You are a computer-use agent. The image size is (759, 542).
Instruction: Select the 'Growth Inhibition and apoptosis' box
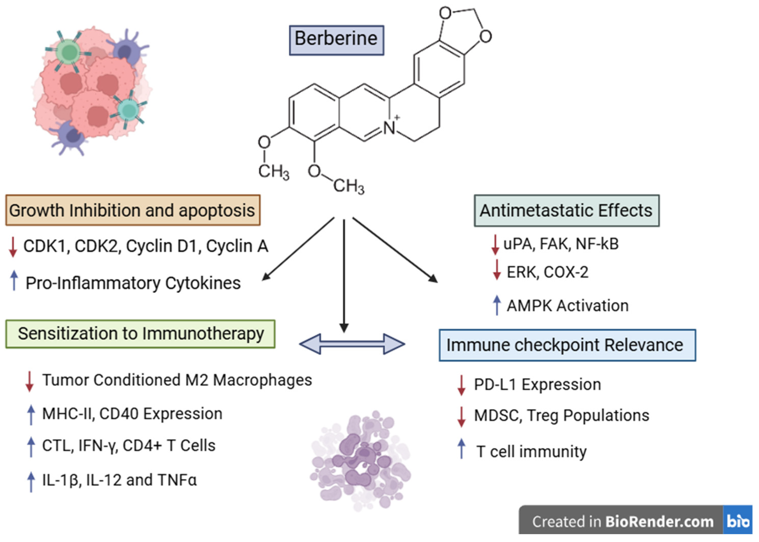(x=133, y=210)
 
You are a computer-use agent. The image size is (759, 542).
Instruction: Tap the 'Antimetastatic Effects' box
(x=567, y=211)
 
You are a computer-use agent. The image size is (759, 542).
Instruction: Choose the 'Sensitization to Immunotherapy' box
(x=140, y=334)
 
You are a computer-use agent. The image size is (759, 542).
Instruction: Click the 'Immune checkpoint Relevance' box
(x=567, y=345)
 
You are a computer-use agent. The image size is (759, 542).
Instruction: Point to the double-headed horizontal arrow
(x=352, y=344)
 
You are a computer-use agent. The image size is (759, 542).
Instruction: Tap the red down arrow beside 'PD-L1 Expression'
(x=461, y=385)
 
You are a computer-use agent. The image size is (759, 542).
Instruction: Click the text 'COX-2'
(x=566, y=272)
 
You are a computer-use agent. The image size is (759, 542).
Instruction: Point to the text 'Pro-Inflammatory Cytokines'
(x=133, y=283)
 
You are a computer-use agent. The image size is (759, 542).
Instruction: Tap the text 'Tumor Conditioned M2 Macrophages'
(x=177, y=380)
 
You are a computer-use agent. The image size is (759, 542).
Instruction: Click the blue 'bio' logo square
(x=738, y=520)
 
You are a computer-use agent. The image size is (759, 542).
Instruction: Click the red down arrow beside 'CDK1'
(x=13, y=247)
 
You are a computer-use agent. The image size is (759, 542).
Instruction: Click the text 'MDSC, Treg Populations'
(x=562, y=416)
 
